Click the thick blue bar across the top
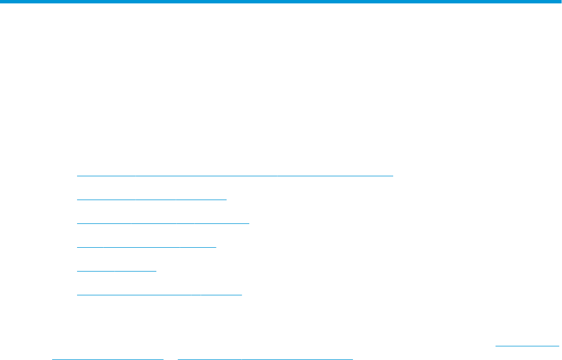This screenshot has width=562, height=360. click(281, 2)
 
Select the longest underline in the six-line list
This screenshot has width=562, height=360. click(235, 176)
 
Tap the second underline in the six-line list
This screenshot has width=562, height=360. click(151, 200)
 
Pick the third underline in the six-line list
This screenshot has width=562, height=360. click(163, 223)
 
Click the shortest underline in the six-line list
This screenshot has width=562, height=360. click(116, 271)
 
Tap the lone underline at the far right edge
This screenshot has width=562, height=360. click(527, 344)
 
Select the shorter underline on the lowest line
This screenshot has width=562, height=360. click(108, 358)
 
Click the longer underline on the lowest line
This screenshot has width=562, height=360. click(265, 358)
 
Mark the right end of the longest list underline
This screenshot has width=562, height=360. click(392, 176)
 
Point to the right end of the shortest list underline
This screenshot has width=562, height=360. click(156, 271)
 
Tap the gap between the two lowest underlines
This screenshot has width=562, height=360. click(171, 358)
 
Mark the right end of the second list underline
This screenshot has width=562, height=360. click(226, 200)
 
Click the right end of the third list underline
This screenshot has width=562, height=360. click(249, 223)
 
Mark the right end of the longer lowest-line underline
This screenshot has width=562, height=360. click(352, 358)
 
